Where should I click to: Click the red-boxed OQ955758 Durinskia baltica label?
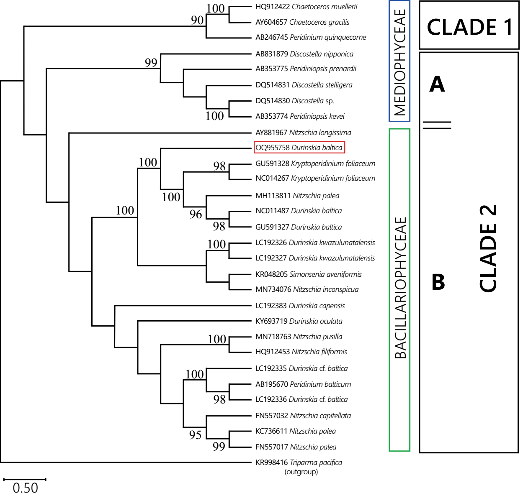pos(299,148)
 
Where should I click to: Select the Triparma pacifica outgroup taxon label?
pos(299,462)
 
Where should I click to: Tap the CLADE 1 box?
pos(469,26)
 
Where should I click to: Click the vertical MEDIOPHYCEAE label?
pos(400,62)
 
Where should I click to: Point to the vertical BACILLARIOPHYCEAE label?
pos(400,288)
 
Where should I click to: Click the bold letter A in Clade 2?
pos(437,84)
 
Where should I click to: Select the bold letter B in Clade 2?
pos(438,282)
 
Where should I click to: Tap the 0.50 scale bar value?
pos(25,488)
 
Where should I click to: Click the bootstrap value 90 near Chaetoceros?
pos(197,20)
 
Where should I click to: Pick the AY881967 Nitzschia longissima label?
pos(303,133)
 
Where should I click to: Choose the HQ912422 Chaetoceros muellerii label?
pos(307,7)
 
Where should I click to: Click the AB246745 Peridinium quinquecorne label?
pos(311,37)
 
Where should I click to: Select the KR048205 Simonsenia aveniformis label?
pos(309,274)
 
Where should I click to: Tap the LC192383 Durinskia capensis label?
pos(300,306)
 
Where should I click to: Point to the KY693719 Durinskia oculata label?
pos(299,321)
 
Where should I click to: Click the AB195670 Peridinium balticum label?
pos(303,384)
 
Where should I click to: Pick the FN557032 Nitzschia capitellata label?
pos(303,416)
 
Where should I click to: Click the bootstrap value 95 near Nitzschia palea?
pos(195,435)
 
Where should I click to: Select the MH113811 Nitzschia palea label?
pos(297,196)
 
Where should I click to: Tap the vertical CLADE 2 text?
pos(488,248)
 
